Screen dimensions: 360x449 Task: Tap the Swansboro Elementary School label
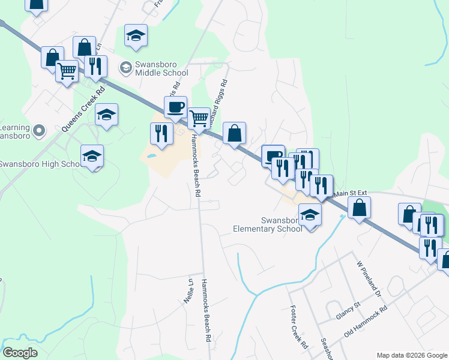(268, 224)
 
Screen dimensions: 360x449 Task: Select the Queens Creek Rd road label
(83, 109)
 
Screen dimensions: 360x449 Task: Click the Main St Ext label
(350, 193)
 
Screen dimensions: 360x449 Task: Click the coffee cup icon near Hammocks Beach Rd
(175, 107)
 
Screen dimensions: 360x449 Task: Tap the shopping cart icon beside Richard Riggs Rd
(198, 118)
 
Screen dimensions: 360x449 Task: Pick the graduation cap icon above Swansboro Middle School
(136, 35)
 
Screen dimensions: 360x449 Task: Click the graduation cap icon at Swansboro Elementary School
(310, 214)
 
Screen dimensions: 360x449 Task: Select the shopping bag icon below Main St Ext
(359, 208)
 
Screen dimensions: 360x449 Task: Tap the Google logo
(20, 353)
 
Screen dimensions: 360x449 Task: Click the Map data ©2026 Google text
(411, 355)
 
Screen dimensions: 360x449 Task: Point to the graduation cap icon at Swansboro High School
(92, 156)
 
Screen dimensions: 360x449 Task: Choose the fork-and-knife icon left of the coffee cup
(160, 133)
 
